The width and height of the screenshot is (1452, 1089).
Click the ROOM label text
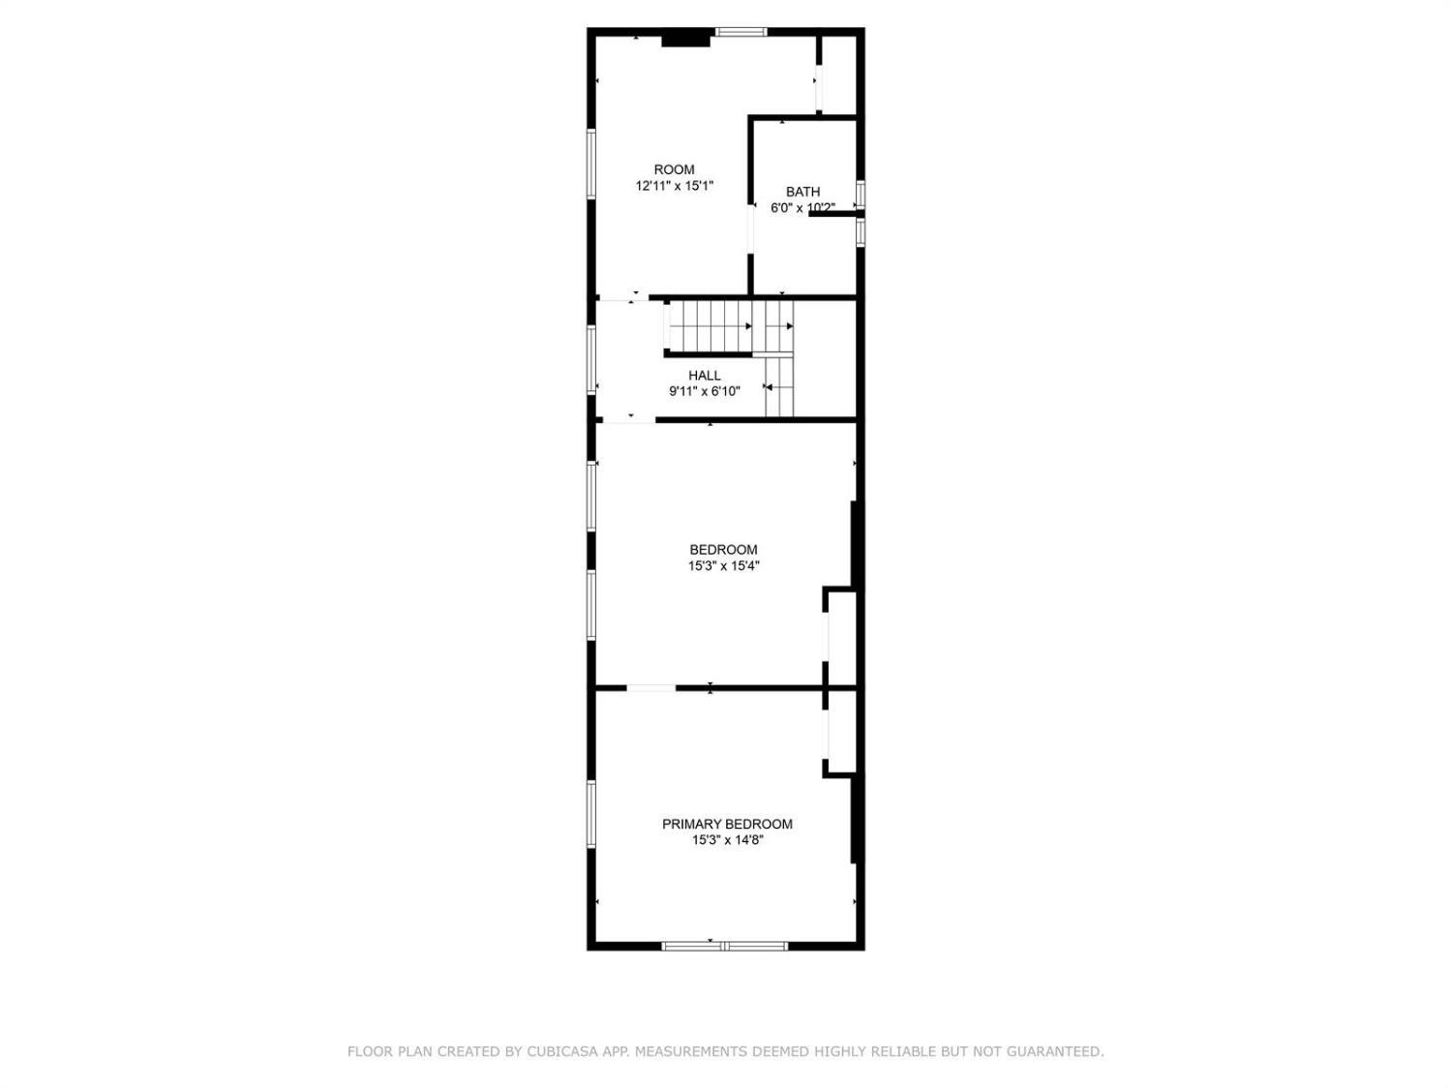coord(674,170)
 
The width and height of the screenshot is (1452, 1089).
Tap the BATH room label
coord(802,192)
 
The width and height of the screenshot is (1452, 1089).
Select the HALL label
coord(704,376)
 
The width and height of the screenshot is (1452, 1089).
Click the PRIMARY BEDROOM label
coord(727,824)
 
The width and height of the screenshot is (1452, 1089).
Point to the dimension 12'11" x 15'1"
coord(674,186)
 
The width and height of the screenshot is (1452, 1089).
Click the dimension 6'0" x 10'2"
coord(802,207)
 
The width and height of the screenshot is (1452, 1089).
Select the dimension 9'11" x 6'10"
coord(704,391)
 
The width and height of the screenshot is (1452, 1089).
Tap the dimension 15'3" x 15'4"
coord(724,566)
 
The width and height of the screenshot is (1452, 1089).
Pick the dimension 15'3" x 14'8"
coord(728,840)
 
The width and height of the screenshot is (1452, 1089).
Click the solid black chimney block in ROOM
coord(686,41)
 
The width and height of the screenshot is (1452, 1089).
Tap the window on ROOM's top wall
coord(741,32)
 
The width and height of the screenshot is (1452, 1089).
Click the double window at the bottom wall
coord(725,946)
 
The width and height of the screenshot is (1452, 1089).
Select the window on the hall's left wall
coord(591,360)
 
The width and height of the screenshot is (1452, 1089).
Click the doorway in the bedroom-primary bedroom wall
coord(650,688)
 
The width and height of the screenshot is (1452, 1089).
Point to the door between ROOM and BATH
coord(751,228)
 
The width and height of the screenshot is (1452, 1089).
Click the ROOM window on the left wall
coord(591,164)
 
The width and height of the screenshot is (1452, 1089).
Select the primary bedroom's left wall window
coord(591,814)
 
